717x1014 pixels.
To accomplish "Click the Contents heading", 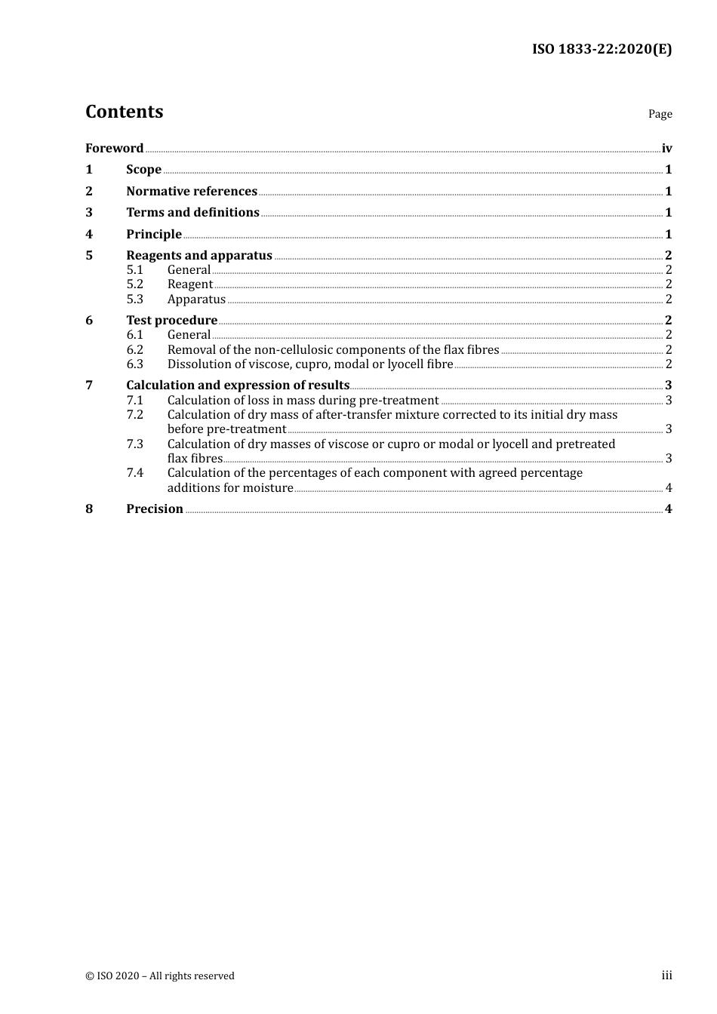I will tap(124, 112).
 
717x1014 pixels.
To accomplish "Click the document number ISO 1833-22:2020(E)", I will tap(602, 49).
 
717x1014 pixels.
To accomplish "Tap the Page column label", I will tap(660, 114).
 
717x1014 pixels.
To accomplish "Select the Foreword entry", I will tap(114, 148).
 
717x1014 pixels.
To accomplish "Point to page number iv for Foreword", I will tap(666, 148).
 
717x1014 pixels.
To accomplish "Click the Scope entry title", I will tap(143, 170).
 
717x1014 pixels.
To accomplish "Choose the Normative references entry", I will tap(192, 191).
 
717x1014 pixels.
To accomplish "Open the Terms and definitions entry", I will tap(192, 213).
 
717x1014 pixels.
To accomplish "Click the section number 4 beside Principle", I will tap(89, 234).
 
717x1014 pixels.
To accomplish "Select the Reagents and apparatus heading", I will tap(199, 255).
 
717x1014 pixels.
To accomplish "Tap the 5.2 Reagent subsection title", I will tap(190, 284).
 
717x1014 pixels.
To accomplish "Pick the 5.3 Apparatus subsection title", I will tap(196, 300).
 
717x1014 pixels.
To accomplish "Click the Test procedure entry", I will tap(171, 320).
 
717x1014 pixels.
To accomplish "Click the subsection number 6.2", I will tap(134, 349).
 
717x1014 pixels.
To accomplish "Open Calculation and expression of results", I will tap(238, 386).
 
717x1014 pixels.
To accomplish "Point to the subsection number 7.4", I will tap(134, 473).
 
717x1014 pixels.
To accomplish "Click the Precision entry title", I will tap(155, 509).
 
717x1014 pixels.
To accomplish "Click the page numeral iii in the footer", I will tap(666, 976).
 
